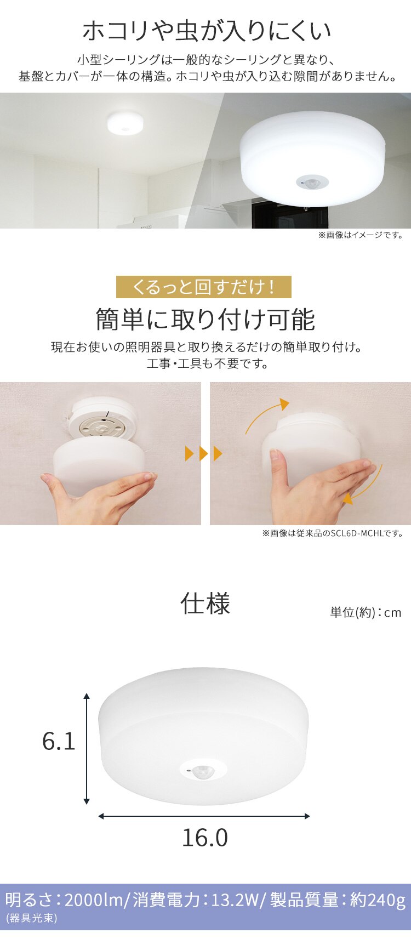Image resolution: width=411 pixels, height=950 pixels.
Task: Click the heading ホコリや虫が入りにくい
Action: click(207, 31)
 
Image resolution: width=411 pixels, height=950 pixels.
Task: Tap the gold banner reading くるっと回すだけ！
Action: click(204, 287)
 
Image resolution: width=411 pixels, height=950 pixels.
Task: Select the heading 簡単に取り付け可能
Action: click(206, 320)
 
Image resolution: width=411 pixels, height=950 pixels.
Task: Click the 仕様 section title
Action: click(206, 604)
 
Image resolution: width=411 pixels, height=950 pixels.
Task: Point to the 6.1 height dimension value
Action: click(59, 741)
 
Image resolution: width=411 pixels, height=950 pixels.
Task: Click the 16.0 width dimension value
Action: click(205, 838)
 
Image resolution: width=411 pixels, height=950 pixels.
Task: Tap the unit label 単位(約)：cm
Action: click(366, 612)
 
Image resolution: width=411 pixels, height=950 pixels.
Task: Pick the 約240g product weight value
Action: click(378, 900)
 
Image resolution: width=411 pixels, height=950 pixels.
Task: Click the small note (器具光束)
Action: click(31, 918)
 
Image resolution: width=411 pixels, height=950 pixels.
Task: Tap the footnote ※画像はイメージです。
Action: click(361, 235)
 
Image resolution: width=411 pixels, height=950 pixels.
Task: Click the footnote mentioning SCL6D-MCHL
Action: click(333, 533)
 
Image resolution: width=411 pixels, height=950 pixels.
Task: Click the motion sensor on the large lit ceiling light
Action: click(312, 183)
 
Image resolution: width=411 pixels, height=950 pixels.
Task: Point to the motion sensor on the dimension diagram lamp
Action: click(203, 770)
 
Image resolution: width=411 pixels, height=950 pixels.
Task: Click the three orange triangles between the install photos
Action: click(204, 454)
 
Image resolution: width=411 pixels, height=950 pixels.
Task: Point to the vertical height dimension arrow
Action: click(87, 749)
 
